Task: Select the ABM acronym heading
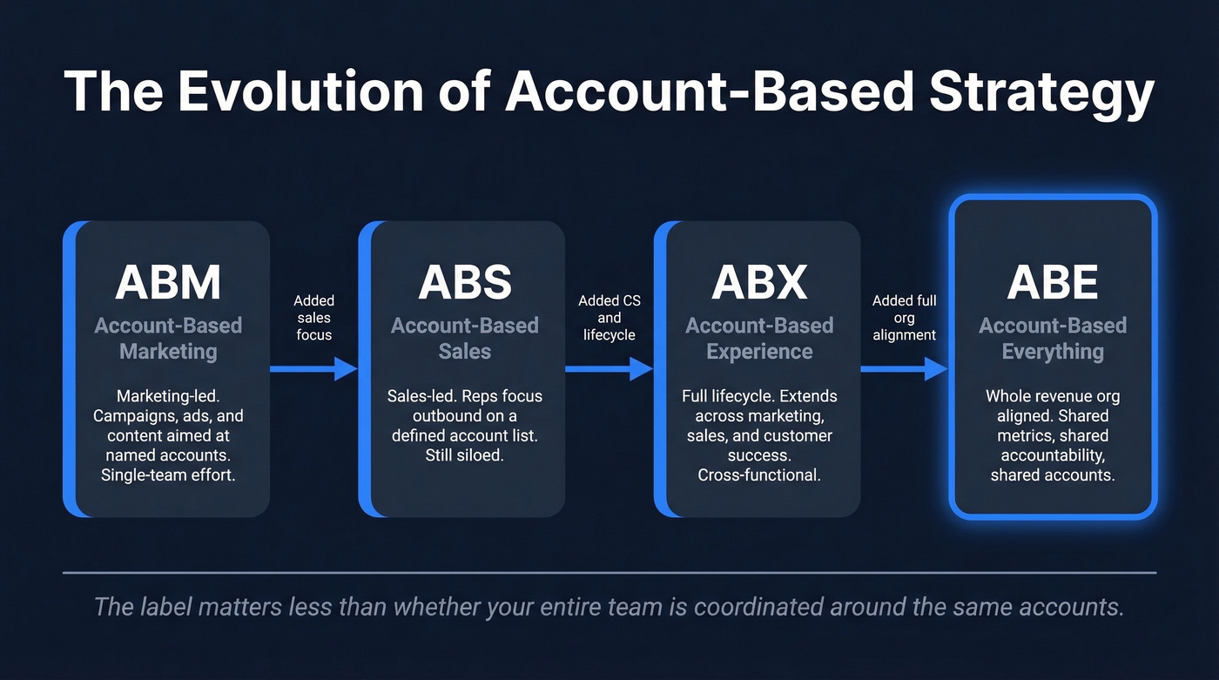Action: pyautogui.click(x=168, y=282)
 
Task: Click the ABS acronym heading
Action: pyautogui.click(x=464, y=282)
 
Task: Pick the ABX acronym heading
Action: pyautogui.click(x=759, y=282)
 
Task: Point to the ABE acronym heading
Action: pyautogui.click(x=1053, y=282)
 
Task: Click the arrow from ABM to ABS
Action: pyautogui.click(x=313, y=369)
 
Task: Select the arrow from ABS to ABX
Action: pyautogui.click(x=609, y=369)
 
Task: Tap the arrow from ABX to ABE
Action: pyautogui.click(x=904, y=369)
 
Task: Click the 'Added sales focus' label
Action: pyautogui.click(x=314, y=317)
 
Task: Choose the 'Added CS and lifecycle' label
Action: pyautogui.click(x=609, y=317)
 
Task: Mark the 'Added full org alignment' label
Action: pyautogui.click(x=905, y=317)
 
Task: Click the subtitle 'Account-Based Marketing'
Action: pyautogui.click(x=168, y=339)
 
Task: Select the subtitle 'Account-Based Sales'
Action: pyautogui.click(x=464, y=339)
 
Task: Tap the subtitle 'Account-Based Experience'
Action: pyautogui.click(x=759, y=339)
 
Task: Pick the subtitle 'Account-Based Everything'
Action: pyautogui.click(x=1053, y=339)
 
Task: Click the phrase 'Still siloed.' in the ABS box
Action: pyautogui.click(x=464, y=454)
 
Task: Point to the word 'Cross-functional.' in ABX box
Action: pyautogui.click(x=759, y=475)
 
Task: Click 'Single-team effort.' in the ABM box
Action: pyautogui.click(x=168, y=475)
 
